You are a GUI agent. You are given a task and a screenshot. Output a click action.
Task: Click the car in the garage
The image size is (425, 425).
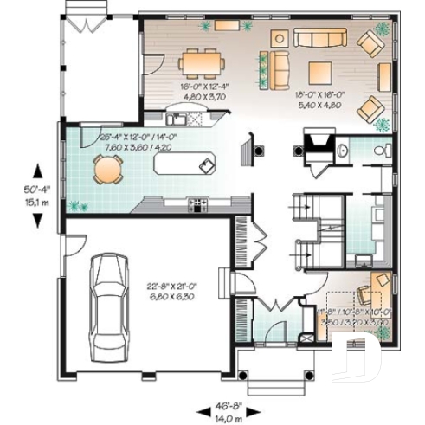pyautogui.click(x=110, y=294)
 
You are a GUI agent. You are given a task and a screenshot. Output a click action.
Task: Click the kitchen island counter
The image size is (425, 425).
pyautogui.click(x=184, y=162)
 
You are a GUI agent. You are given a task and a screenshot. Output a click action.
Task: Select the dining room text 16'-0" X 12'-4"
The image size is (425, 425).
pyautogui.click(x=204, y=87)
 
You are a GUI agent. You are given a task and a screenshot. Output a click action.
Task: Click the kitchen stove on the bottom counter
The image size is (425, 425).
pyautogui.click(x=196, y=205)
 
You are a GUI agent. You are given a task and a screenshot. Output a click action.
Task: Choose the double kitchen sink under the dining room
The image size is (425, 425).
pyautogui.click(x=176, y=119)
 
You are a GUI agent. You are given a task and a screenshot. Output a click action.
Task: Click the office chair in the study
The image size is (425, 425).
pyautogui.click(x=375, y=283)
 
